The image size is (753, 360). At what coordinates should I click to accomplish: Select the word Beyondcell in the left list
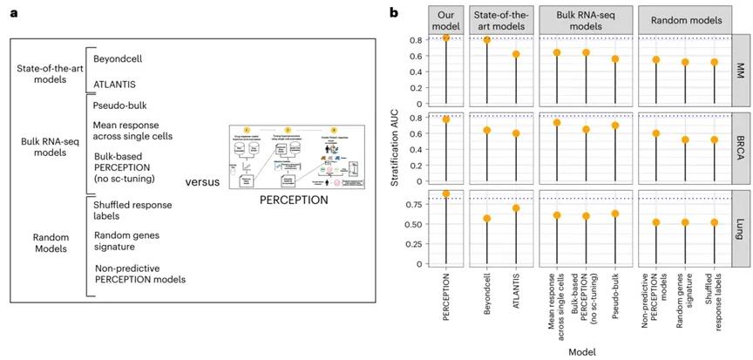point(119,58)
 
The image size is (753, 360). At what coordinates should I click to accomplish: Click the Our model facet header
point(446,19)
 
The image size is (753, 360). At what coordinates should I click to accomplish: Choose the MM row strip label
point(741,66)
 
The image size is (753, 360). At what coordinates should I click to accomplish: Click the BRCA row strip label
point(741,148)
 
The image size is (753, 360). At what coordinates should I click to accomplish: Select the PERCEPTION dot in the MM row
point(446,37)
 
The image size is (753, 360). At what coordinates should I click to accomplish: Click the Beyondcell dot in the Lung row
point(487,218)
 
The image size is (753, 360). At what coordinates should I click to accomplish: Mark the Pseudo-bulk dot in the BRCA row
point(615,126)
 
